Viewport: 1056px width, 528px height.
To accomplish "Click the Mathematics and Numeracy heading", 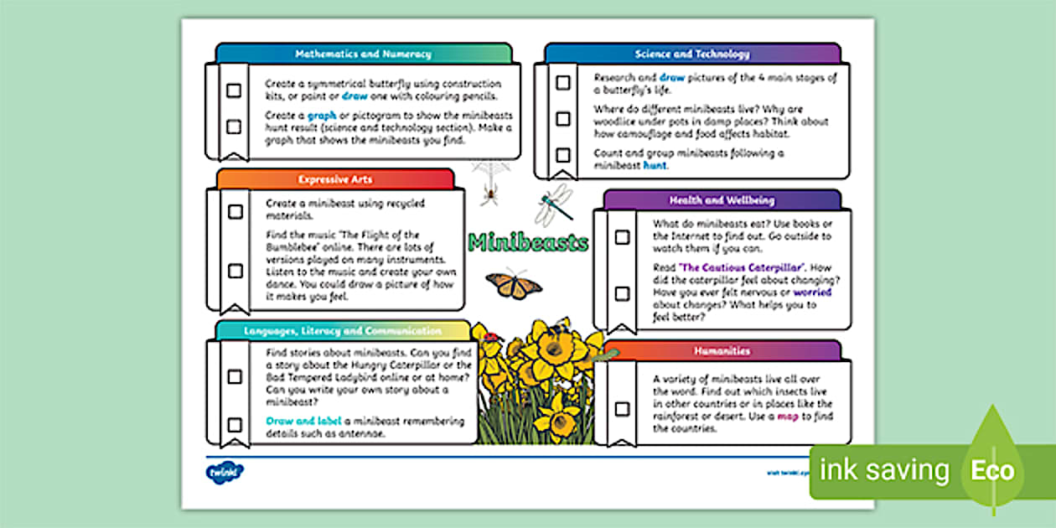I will [363, 54].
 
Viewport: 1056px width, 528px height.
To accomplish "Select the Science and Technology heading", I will [692, 54].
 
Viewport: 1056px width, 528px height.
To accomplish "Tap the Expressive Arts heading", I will [335, 179].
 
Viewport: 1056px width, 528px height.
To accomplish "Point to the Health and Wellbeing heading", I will [722, 201].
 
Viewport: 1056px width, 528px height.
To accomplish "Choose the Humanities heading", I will [722, 350].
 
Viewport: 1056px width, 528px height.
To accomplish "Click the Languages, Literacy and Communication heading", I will [343, 331].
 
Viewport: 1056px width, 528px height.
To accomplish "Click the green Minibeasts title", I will [528, 243].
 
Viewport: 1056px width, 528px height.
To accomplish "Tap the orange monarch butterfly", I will [514, 283].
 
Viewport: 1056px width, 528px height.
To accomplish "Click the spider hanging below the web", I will [490, 195].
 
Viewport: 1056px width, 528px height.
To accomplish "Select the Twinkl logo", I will [224, 472].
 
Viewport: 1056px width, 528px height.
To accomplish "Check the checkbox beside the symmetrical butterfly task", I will [234, 90].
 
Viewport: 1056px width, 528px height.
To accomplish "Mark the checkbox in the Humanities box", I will [622, 409].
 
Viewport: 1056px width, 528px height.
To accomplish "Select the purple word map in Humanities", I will [787, 416].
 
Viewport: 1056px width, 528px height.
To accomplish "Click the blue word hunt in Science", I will [655, 165].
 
